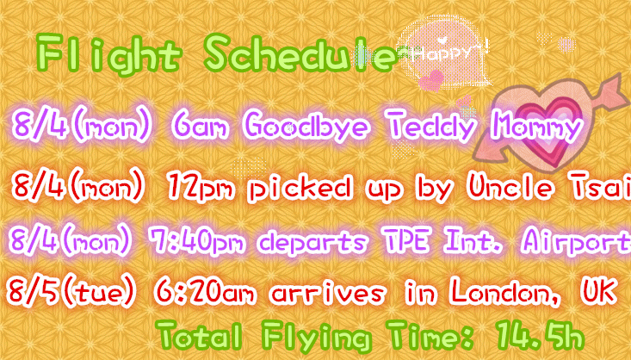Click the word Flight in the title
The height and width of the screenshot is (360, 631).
108,54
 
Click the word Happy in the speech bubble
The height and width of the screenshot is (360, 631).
445,53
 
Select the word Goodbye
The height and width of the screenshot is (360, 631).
306,125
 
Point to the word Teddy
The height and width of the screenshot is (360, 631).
432,125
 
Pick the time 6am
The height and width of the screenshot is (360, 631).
201,125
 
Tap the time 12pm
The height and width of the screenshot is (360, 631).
201,187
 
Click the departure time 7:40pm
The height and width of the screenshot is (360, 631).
197,241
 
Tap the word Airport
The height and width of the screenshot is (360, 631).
576,242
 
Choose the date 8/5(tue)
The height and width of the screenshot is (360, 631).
71,291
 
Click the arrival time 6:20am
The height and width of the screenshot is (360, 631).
205,291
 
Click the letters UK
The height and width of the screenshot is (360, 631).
598,291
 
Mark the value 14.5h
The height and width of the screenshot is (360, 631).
539,334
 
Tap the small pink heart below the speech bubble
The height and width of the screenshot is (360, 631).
431,80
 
